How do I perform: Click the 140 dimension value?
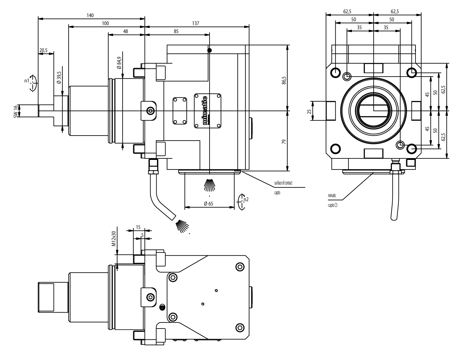tap(90, 16)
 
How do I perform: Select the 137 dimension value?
tap(196, 23)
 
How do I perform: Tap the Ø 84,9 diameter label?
tap(119, 63)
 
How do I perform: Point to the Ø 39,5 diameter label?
tap(59, 77)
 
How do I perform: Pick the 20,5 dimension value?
tap(44, 50)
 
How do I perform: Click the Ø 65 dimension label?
tap(208, 204)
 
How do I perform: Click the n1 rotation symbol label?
tap(27, 81)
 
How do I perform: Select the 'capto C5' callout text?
tap(333, 205)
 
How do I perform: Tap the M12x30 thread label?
tap(114, 238)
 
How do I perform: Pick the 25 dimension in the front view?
tap(309, 111)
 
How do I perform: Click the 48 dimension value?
tap(125, 31)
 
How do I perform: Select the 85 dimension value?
tap(176, 31)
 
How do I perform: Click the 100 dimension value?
tap(105, 23)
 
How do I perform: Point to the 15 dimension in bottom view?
tap(138, 227)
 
